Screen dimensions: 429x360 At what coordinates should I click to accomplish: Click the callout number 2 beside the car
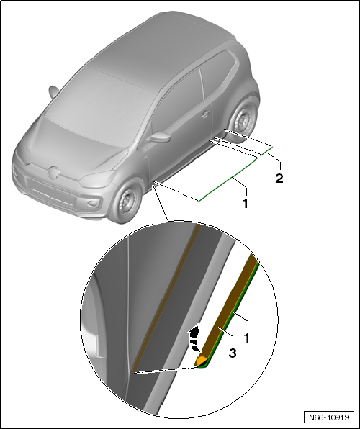coord(279,178)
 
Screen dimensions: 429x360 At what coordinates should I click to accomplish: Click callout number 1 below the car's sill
coord(245,204)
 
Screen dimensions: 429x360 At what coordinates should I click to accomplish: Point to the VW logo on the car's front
coord(53,173)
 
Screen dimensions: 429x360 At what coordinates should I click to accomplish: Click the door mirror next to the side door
coord(156,137)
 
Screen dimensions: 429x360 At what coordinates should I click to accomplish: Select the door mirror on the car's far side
coord(53,92)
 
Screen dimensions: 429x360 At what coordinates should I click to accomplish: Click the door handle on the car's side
coord(206,114)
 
